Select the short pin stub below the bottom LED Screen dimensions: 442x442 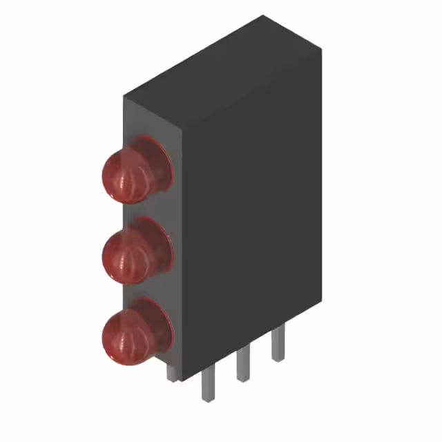tap(171, 372)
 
